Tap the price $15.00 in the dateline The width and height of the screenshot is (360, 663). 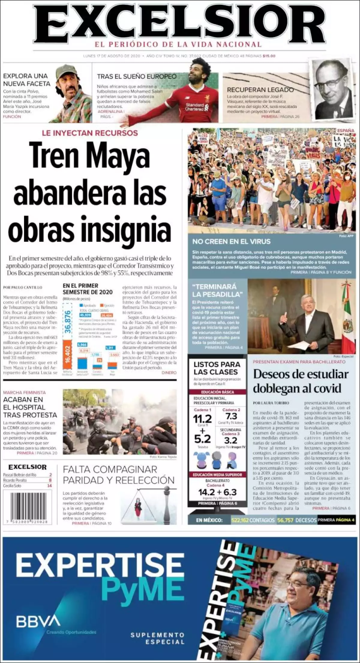(269, 56)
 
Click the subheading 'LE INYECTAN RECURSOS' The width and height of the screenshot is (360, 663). (90, 133)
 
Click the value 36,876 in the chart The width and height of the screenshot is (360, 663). (67, 321)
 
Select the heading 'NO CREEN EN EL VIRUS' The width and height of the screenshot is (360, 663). (231, 241)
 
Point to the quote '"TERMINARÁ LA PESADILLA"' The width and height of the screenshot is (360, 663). (217, 290)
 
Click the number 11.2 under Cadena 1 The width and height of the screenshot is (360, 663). (202, 419)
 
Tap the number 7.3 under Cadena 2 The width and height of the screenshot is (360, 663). (231, 416)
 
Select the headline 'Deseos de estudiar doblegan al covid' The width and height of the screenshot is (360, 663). (301, 381)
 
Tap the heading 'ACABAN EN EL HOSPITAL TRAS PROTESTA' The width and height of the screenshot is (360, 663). (30, 407)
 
